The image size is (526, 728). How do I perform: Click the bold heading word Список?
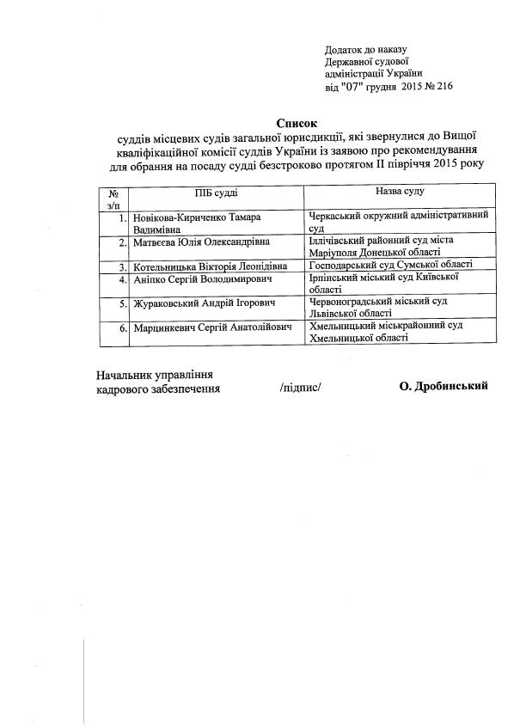tap(297, 123)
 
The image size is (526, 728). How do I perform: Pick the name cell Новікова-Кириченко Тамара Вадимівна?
tap(214, 223)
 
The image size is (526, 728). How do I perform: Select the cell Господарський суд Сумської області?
tap(391, 266)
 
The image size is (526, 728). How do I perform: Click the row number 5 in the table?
tap(124, 303)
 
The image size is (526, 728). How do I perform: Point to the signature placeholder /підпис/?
tap(300, 388)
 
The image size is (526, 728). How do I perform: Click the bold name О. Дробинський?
tap(443, 386)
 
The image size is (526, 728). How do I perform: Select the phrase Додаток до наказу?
tap(365, 51)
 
